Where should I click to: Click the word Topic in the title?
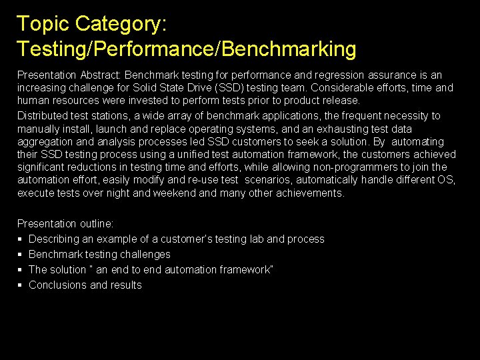pyautogui.click(x=43, y=24)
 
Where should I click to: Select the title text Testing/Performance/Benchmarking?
pyautogui.click(x=187, y=49)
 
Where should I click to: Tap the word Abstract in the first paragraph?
pyautogui.click(x=101, y=75)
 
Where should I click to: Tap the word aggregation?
pyautogui.click(x=44, y=141)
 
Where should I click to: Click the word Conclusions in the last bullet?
pyautogui.click(x=57, y=285)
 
